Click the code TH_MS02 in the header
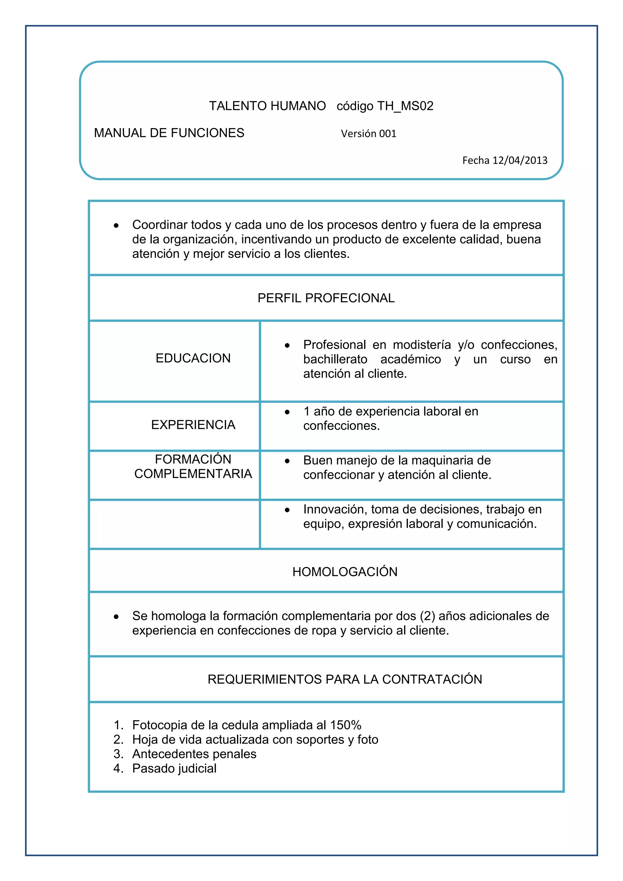405,106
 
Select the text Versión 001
368,134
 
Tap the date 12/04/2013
520,160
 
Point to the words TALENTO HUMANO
267,106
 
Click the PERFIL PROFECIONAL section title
326,298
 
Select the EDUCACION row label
193,358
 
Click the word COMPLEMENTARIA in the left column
193,474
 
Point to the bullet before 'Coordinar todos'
116,226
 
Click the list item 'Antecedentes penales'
194,754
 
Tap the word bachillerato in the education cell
335,359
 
